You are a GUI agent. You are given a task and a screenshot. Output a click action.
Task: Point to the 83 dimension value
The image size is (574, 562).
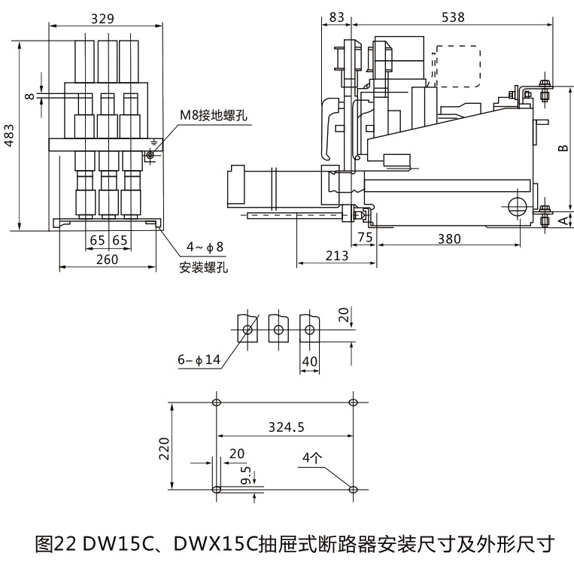coord(337,17)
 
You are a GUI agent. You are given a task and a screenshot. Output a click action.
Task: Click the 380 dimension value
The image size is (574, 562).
coord(449,238)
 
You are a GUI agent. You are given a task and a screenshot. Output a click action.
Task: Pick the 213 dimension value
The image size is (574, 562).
coord(337,256)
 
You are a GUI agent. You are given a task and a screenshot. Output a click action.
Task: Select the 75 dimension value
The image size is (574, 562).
coord(366,238)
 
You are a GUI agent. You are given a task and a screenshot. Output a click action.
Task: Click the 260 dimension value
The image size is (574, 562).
coord(108,260)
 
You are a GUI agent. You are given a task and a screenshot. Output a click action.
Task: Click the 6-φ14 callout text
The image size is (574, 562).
coord(199,360)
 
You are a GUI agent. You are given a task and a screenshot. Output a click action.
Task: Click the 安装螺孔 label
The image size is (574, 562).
coord(203,267)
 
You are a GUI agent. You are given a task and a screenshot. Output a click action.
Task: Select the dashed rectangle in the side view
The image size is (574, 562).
coord(457,66)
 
